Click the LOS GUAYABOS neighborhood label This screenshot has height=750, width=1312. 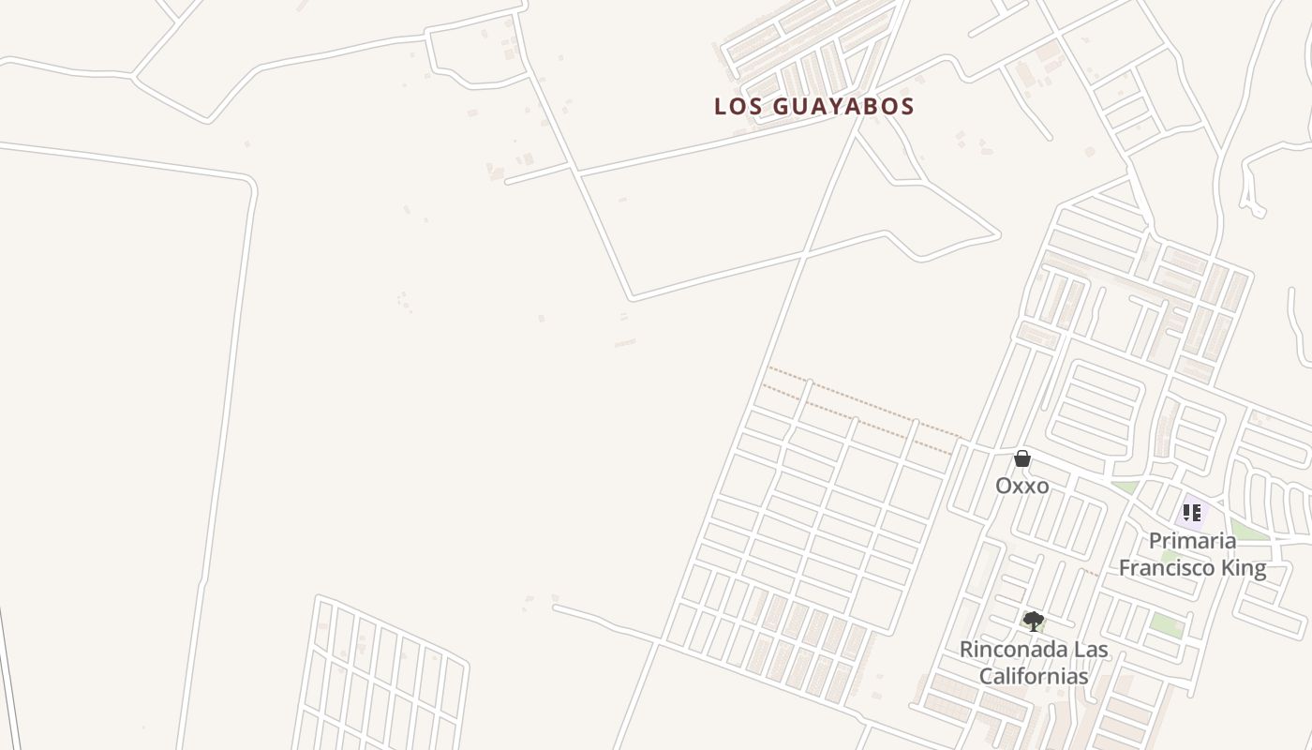click(813, 106)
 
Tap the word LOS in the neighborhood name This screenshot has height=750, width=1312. click(735, 106)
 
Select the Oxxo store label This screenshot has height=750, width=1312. click(1021, 486)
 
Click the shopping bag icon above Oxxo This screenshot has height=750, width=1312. click(1022, 458)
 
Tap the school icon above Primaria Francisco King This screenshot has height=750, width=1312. click(1192, 513)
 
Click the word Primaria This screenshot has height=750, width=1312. click(1192, 541)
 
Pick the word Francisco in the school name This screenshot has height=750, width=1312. click(1170, 567)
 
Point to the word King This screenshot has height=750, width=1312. click(1245, 567)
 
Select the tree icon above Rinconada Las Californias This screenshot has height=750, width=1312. click(1033, 621)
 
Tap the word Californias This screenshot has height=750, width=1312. click(1034, 676)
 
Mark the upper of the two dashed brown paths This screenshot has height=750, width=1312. click(862, 401)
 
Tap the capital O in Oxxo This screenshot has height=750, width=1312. click(1003, 486)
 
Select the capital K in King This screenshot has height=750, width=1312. click(1230, 567)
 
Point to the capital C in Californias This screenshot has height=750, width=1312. click(987, 676)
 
